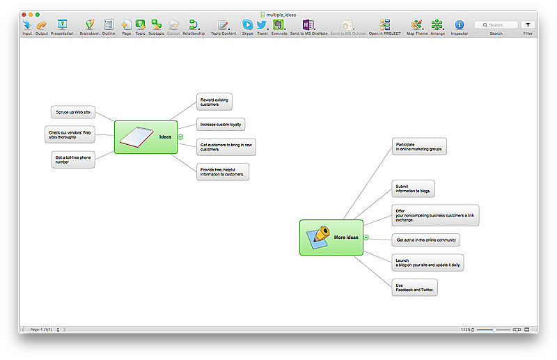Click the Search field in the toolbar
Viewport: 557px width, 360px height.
[496, 25]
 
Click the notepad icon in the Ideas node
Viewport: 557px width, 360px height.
[136, 137]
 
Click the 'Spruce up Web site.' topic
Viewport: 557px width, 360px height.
[73, 112]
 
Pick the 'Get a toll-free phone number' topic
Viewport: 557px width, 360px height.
[72, 159]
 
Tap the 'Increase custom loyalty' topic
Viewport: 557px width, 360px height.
[220, 125]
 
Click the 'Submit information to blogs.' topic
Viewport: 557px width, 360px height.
[413, 188]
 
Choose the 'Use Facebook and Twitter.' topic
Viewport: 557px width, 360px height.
[414, 288]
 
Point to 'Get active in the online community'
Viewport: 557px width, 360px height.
[425, 240]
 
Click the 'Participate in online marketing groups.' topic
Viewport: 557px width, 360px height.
[418, 146]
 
